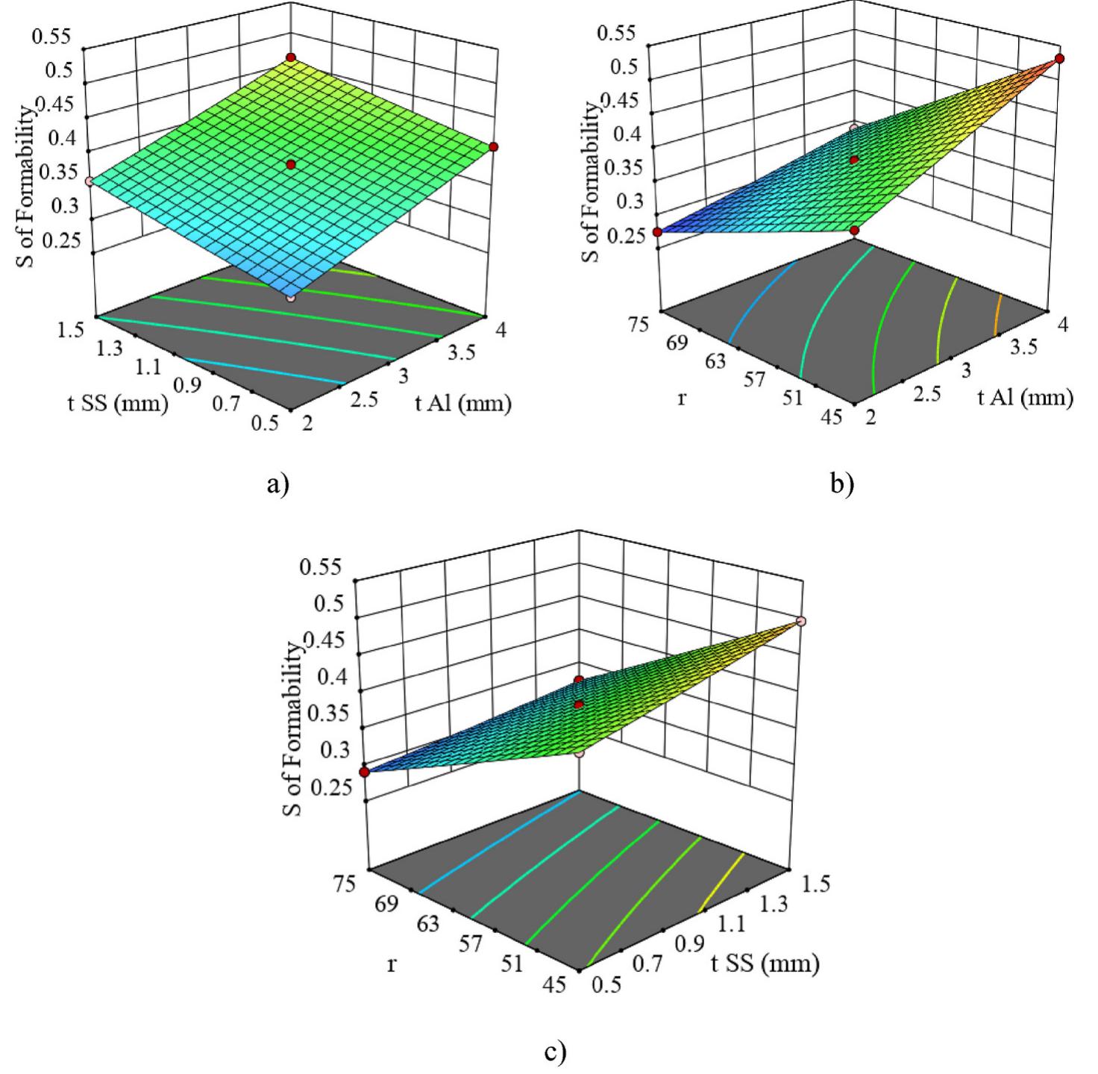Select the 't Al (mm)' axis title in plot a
point(463,403)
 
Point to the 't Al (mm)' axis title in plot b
point(1025,398)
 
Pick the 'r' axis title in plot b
point(681,398)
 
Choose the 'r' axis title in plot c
point(391,964)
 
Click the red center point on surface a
point(291,163)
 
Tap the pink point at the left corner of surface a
point(88,181)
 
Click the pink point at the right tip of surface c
point(801,621)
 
